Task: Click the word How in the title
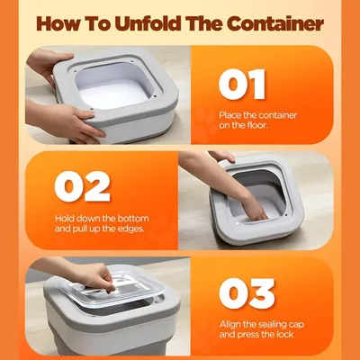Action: (x=58, y=23)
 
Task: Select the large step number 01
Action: (x=242, y=85)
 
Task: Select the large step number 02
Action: (x=82, y=186)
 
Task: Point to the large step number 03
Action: (x=247, y=293)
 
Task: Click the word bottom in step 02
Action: (x=133, y=219)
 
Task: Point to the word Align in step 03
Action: (x=229, y=325)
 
